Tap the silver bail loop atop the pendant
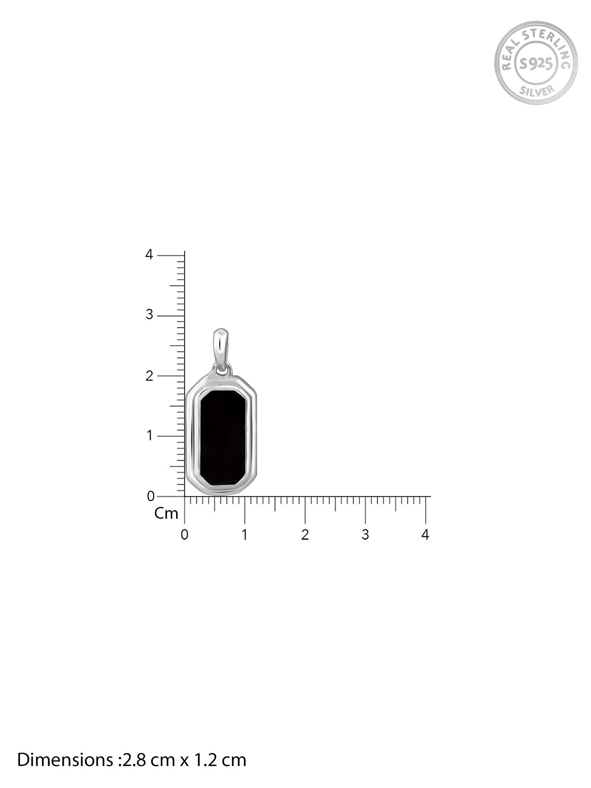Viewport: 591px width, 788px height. [x=222, y=345]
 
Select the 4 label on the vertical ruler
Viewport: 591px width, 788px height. [x=149, y=255]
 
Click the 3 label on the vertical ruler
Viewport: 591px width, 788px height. [x=149, y=315]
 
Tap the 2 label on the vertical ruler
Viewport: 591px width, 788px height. [x=149, y=376]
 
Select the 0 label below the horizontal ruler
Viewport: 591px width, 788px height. [x=184, y=535]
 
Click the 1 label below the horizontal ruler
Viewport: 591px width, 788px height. [x=245, y=535]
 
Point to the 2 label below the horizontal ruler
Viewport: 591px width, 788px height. [x=305, y=535]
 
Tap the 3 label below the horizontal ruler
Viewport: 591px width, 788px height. [x=365, y=535]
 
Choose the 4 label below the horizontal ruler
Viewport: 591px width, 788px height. [x=425, y=535]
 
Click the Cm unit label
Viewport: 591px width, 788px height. [x=166, y=514]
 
